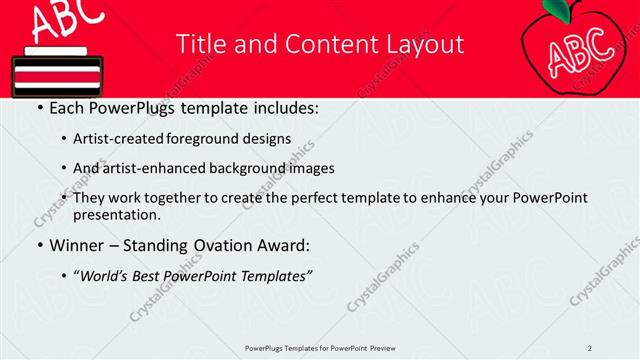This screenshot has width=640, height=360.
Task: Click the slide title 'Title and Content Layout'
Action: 319,44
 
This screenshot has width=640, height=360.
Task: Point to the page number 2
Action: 590,347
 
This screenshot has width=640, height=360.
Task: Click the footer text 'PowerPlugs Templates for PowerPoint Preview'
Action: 319,347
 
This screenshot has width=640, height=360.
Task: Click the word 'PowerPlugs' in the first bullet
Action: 131,108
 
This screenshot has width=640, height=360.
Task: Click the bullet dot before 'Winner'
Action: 40,245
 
